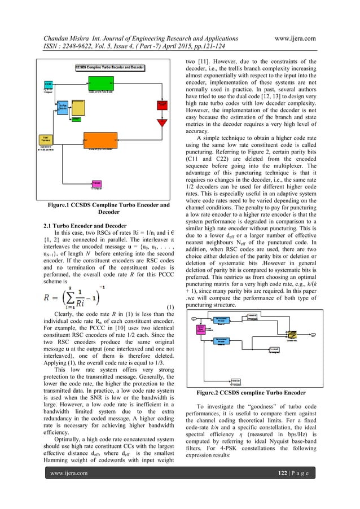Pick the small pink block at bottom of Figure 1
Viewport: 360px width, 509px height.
pos(96,183)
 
